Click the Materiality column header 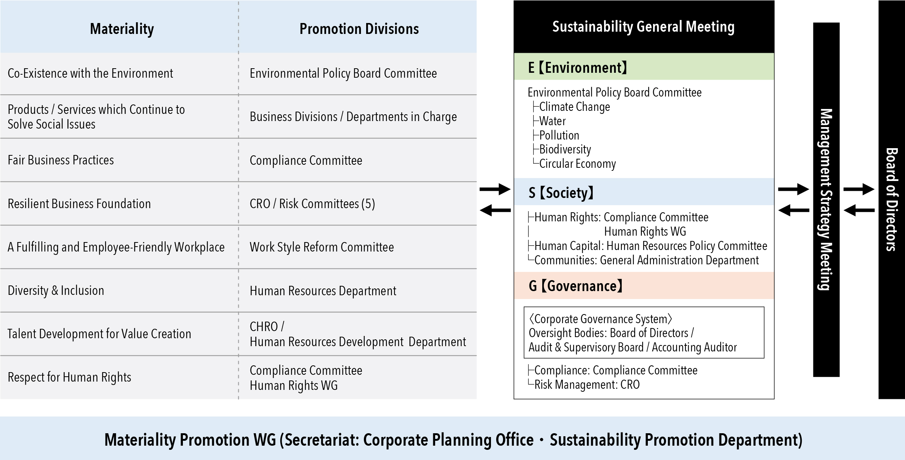tap(122, 29)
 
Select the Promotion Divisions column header tap(359, 29)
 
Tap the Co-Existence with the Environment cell tap(90, 73)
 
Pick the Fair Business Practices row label tap(61, 160)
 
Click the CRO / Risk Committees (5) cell tap(312, 204)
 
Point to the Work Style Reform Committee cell tap(322, 247)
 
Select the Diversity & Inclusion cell tap(56, 290)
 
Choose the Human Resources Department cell tap(323, 291)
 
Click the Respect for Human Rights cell tap(69, 377)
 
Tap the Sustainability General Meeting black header tap(643, 27)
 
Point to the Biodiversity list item tap(565, 149)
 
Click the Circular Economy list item tap(577, 164)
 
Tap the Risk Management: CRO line tap(587, 384)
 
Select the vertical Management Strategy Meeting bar tap(826, 199)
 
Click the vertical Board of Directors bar tap(891, 199)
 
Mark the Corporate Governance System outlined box tap(643, 333)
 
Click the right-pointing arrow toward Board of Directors tap(859, 189)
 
